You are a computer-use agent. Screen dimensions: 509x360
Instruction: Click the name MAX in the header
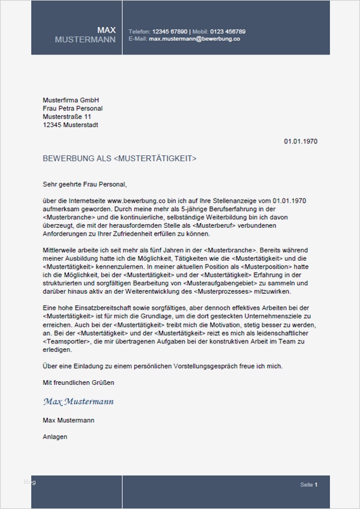pyautogui.click(x=107, y=30)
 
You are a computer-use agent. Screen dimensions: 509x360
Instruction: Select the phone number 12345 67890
pyautogui.click(x=170, y=31)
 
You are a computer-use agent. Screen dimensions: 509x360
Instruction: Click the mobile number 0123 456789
pyautogui.click(x=227, y=31)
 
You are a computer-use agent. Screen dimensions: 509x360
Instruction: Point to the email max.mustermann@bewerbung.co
pyautogui.click(x=194, y=38)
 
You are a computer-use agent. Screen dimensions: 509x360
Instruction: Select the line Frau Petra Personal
pyautogui.click(x=73, y=109)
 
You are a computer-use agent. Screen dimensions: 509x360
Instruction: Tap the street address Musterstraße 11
pyautogui.click(x=67, y=117)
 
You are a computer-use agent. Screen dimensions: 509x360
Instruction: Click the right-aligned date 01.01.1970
pyautogui.click(x=300, y=142)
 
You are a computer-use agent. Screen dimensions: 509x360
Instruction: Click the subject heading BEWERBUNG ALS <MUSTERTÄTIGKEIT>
pyautogui.click(x=120, y=159)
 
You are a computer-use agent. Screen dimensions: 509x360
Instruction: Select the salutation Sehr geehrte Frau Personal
pyautogui.click(x=85, y=184)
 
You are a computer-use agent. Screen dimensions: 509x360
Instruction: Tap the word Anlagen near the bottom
pyautogui.click(x=55, y=437)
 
